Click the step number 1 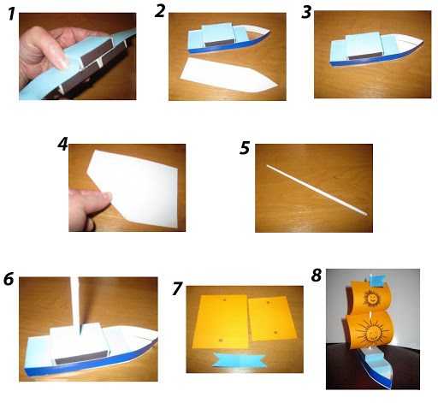coord(11,15)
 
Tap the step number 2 coord(160,11)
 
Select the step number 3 coord(306,12)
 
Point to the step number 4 coord(62,144)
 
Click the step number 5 coord(245,148)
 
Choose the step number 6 coord(9,279)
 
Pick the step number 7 coord(176,288)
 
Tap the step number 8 coord(317,276)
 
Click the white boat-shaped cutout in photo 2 coord(228,75)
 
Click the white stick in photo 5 coord(317,190)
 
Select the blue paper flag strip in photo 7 coord(240,359)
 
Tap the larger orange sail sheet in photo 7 coord(220,322)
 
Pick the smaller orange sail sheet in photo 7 coord(272,318)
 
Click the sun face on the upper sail coord(371,299)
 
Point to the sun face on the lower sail coord(372,332)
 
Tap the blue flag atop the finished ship coord(378,279)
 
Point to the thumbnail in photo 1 coord(63,62)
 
